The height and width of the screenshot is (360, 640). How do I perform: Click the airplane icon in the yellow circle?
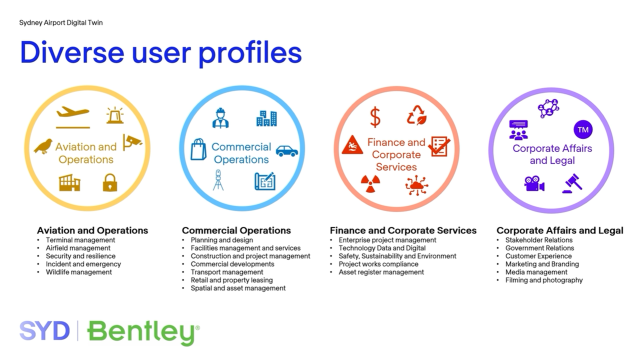tap(73, 117)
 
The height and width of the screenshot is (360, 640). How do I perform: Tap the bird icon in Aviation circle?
tap(43, 146)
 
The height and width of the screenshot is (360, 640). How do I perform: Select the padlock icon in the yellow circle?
tap(110, 182)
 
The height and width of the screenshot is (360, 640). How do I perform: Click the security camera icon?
tap(132, 142)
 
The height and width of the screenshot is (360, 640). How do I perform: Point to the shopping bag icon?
tap(198, 149)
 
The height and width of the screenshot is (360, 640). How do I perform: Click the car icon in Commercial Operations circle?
tap(287, 151)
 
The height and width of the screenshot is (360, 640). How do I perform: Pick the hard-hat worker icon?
tap(220, 118)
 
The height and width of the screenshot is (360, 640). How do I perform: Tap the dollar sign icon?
tap(375, 117)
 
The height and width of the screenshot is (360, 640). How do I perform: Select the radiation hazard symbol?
tap(371, 184)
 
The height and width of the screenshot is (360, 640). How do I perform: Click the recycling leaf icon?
tap(416, 115)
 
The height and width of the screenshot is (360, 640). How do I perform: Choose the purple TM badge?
tap(583, 130)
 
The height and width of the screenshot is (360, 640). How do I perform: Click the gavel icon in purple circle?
tap(572, 184)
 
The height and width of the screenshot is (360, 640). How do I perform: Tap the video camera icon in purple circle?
tap(534, 184)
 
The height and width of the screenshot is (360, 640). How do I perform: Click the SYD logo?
tap(44, 331)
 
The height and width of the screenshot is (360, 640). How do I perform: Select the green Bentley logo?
tap(143, 333)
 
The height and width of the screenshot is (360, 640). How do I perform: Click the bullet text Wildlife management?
tap(79, 272)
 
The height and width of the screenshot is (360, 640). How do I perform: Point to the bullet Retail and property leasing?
tap(231, 280)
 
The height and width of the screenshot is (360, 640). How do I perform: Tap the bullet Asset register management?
tap(381, 272)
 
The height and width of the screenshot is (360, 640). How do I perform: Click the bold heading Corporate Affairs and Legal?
tap(560, 231)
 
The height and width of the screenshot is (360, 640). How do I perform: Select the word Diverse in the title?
tap(72, 53)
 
